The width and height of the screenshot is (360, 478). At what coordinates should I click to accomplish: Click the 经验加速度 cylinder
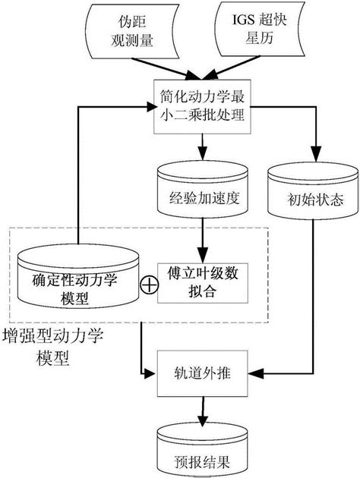pos(201,193)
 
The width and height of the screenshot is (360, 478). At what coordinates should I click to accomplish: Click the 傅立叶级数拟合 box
pos(201,281)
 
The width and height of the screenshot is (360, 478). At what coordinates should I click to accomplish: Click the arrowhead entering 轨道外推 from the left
pos(151,375)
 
